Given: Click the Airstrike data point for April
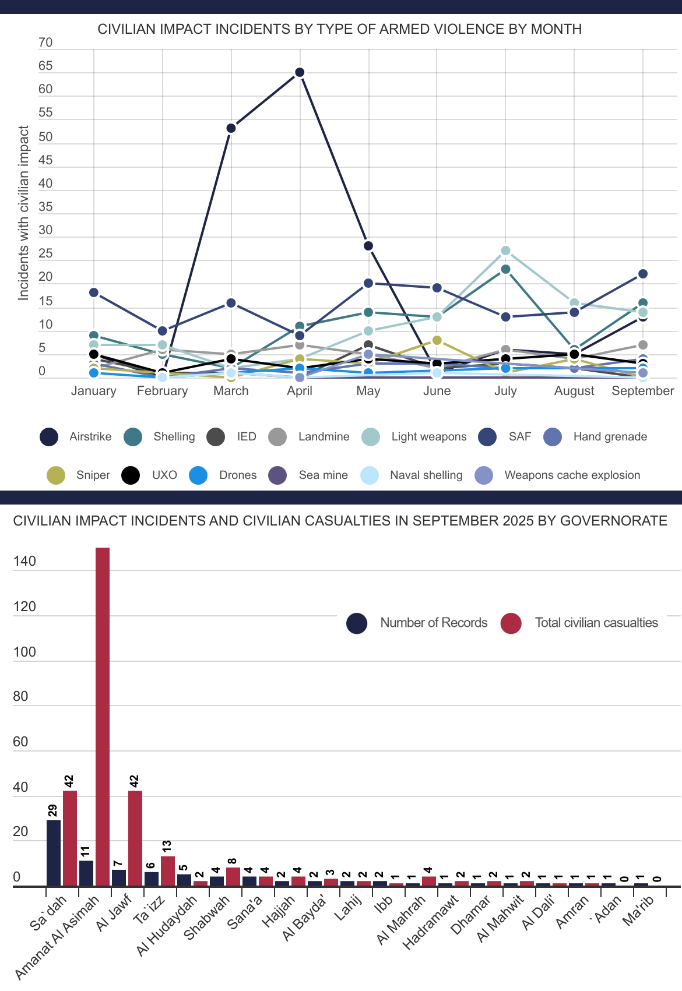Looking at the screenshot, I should tap(300, 72).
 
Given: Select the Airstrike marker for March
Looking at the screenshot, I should tap(231, 128).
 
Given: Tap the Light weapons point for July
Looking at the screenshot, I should tap(505, 251).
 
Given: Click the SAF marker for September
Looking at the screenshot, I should tap(643, 274).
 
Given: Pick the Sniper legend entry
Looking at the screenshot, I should tap(79, 475).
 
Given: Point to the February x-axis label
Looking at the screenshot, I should tap(162, 391).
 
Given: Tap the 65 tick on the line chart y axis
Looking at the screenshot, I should tap(45, 66).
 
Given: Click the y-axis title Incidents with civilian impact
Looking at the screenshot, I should tap(23, 213).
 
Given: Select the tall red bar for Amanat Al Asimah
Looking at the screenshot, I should tap(103, 717).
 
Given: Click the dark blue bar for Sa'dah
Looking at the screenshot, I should tap(54, 853).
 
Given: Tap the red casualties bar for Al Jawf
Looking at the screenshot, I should tap(135, 838).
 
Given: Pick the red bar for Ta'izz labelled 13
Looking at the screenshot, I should tap(168, 871).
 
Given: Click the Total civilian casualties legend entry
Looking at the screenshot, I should tap(579, 623).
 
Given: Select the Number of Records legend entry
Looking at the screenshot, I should tap(417, 623).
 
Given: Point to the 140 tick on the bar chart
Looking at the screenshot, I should tap(24, 562).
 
